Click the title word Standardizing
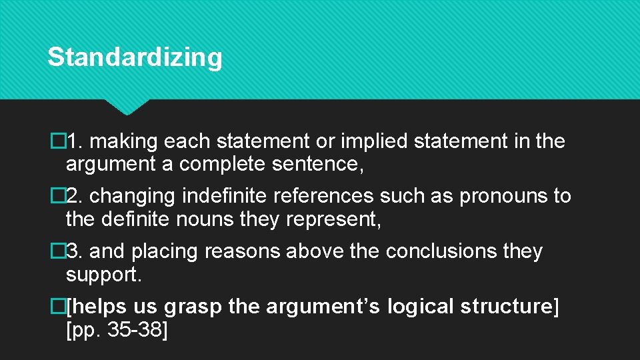coord(135,57)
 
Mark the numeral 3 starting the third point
coord(75,252)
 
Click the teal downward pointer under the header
coord(126,107)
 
